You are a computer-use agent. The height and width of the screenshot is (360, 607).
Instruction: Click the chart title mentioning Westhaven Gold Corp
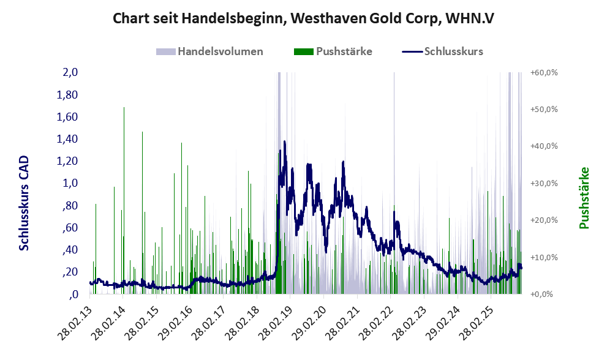[x=303, y=18]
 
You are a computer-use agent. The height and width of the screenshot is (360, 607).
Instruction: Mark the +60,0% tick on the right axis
[x=543, y=72]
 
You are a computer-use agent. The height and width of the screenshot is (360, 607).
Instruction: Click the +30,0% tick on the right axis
[x=543, y=183]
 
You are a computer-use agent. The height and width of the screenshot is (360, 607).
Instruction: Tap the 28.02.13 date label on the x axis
[x=78, y=318]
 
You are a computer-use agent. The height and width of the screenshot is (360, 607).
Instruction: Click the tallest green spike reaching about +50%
[x=124, y=108]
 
